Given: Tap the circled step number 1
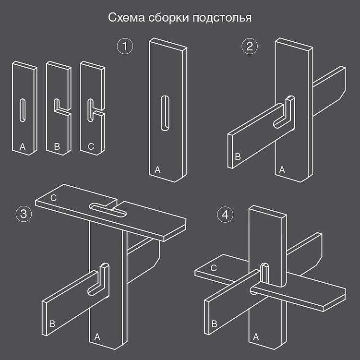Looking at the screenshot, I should [x=125, y=47].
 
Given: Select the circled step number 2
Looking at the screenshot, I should [x=249, y=47].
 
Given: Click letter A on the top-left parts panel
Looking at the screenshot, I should [x=22, y=146].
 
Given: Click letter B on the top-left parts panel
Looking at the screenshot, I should [x=57, y=147].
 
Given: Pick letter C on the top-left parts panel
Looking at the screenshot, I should [x=91, y=147].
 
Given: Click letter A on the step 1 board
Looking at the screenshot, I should [x=158, y=169].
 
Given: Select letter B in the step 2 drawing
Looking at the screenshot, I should [x=237, y=156].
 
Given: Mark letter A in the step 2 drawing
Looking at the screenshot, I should [x=282, y=169].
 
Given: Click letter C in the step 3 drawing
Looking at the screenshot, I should [x=53, y=197].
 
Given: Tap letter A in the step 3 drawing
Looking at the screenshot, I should [x=97, y=337].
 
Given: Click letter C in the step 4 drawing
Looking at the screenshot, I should [x=214, y=268].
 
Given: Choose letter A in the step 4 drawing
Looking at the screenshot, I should [x=255, y=337].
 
